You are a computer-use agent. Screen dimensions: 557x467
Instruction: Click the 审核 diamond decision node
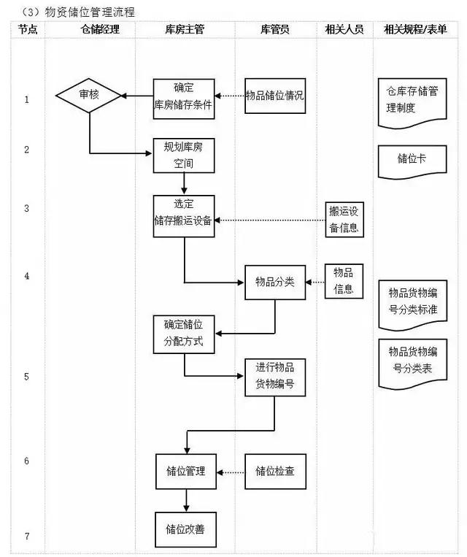89,96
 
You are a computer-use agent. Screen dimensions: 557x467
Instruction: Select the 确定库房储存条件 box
184,97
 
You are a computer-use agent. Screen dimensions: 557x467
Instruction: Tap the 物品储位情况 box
274,96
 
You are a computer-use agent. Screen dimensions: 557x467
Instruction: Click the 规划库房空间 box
184,155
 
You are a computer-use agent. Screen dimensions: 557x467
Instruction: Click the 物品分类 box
274,281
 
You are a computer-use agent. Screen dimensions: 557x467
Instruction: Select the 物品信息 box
343,280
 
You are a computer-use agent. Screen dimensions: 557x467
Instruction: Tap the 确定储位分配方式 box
184,334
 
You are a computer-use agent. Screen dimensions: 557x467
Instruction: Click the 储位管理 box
185,472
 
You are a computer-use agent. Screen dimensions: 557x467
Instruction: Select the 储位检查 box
275,472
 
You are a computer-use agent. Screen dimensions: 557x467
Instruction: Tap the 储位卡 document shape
412,159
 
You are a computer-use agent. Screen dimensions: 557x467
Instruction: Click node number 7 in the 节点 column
26,537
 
